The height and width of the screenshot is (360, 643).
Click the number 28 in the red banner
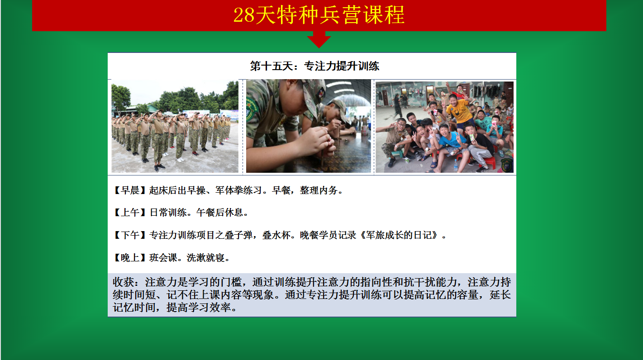click(244, 15)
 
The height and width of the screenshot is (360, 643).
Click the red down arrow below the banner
click(319, 40)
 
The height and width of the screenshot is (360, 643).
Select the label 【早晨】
click(130, 190)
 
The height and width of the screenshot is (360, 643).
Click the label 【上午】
click(130, 213)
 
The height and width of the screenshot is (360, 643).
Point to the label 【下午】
click(130, 235)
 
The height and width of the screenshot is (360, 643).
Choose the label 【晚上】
click(130, 258)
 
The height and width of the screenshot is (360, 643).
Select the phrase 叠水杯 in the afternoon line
click(276, 235)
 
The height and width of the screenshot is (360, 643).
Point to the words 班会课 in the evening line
click(163, 258)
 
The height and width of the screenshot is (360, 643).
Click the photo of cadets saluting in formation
click(175, 127)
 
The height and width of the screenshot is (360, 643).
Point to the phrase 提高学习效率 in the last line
click(199, 308)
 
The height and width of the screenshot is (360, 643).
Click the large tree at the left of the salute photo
click(120, 98)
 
